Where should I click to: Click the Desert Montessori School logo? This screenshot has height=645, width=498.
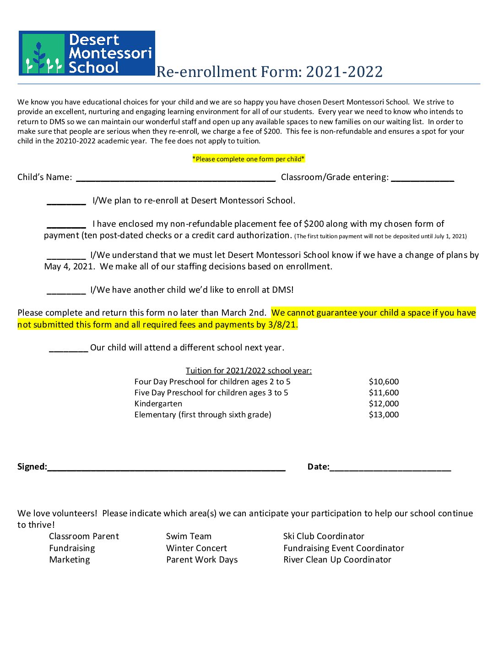[x=87, y=53]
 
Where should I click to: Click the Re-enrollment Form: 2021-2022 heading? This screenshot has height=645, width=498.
[x=269, y=72]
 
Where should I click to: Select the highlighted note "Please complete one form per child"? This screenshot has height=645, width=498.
[x=249, y=159]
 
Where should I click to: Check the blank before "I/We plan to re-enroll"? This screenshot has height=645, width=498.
[x=66, y=202]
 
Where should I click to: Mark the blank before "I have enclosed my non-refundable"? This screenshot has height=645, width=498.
[x=66, y=225]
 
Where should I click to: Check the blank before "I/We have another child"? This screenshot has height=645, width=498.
[x=66, y=291]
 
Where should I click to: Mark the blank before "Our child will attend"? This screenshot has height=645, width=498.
[x=68, y=349]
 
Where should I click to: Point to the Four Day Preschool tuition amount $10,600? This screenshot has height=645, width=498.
[x=384, y=382]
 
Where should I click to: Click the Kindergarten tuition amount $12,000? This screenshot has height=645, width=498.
[x=384, y=404]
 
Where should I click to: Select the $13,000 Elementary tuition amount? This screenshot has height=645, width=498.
[x=384, y=415]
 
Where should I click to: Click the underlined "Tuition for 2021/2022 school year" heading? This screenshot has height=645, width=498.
[x=249, y=371]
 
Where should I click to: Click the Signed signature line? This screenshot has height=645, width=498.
[x=166, y=468]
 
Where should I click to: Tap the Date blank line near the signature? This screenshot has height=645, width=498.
[x=390, y=468]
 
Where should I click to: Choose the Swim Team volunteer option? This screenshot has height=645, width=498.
[x=189, y=536]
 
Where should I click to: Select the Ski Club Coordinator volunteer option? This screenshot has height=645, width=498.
[x=324, y=536]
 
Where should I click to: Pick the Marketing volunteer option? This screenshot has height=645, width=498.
[x=70, y=560]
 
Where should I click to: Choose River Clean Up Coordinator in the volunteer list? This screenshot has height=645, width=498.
[x=337, y=560]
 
